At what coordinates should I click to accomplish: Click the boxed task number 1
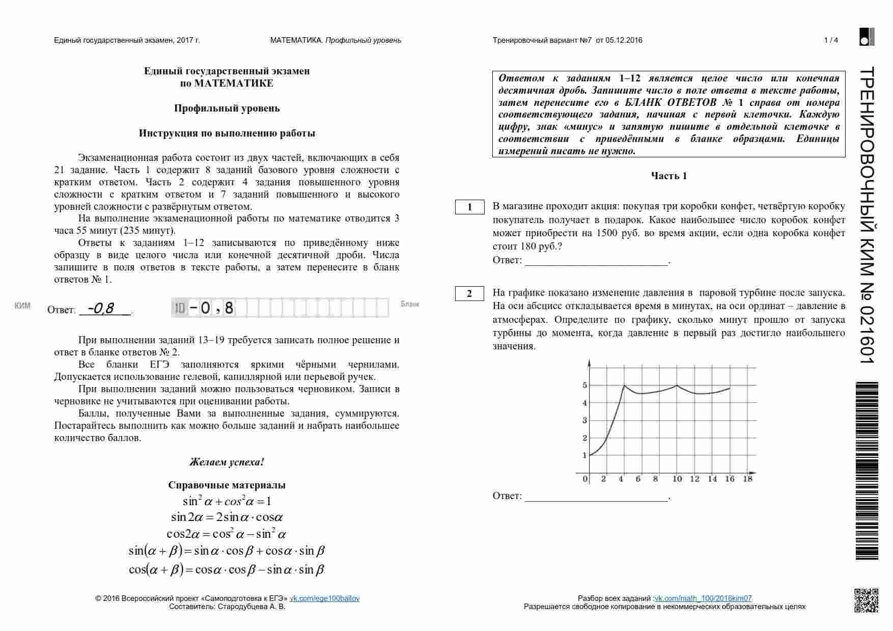coord(469,207)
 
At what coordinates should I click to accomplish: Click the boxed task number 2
coord(469,294)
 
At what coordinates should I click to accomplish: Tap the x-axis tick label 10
coord(677,479)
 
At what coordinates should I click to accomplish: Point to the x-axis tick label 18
coord(747,479)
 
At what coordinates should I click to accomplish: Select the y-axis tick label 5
coord(584,386)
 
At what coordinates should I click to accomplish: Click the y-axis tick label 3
coord(584,421)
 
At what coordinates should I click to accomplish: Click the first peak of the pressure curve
coord(624,386)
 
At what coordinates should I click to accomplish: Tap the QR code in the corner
coord(866,600)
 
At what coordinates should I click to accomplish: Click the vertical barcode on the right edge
coord(867,471)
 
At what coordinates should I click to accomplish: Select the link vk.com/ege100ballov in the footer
coord(324,598)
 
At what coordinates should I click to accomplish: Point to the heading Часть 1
coord(668,176)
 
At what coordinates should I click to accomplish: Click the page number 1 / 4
coord(831,40)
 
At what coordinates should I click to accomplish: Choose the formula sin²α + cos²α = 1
coord(227,501)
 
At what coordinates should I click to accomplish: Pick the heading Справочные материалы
coord(227,485)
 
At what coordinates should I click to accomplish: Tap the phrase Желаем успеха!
coord(227,462)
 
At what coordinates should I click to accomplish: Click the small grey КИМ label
coord(22,306)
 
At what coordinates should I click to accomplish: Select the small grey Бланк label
coord(410,304)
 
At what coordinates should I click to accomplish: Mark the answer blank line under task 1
coord(596,264)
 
